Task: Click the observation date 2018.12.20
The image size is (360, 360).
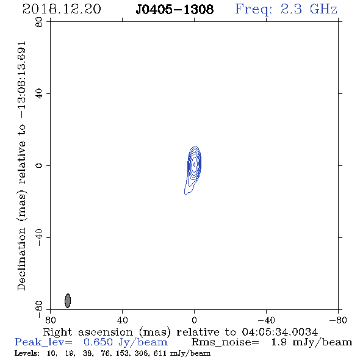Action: coord(62,9)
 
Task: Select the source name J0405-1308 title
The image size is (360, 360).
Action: coord(175,9)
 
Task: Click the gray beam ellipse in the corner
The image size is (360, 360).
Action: coord(68,301)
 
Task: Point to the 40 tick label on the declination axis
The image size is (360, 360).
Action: coord(39,94)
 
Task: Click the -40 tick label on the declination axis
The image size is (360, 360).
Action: coord(39,237)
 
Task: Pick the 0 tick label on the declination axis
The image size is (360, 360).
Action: coord(39,165)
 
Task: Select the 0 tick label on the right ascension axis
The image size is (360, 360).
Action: coord(194,320)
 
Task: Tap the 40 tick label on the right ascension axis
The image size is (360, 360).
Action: coord(122,320)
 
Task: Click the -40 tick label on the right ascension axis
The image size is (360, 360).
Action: coord(266,320)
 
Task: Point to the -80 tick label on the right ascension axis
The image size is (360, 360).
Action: coord(338,320)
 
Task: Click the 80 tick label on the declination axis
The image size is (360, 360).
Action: coord(39,22)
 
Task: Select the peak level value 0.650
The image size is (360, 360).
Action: coord(98,342)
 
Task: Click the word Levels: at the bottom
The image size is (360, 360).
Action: coord(27,353)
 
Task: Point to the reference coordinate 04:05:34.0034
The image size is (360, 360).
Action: coord(280,332)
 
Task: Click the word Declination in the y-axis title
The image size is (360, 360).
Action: coord(21,259)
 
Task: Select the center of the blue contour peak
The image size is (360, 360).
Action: coord(194,164)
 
